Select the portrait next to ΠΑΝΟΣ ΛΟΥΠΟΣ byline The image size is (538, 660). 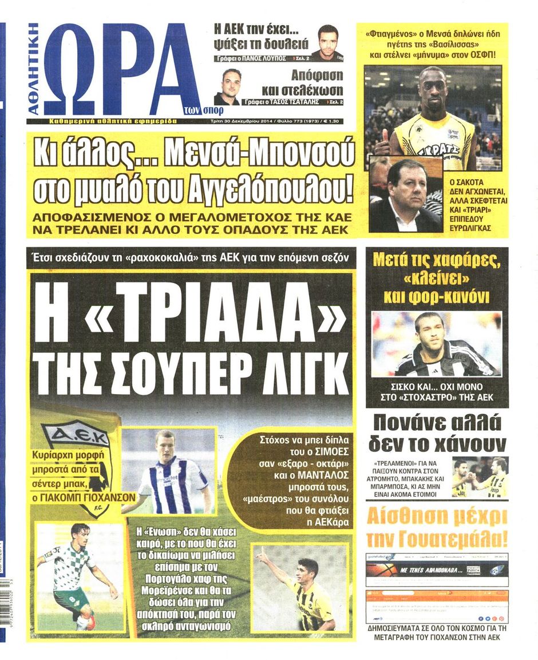click(x=327, y=42)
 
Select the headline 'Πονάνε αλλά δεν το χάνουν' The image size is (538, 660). click(x=437, y=433)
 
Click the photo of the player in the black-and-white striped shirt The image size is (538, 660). click(x=436, y=343)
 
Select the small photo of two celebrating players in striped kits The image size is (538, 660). click(x=480, y=476)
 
